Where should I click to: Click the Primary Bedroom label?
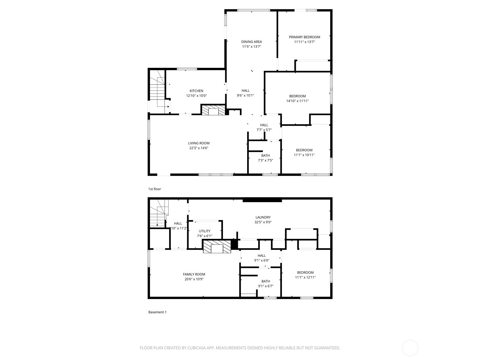[304, 37]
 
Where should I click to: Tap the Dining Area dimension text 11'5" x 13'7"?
[251, 46]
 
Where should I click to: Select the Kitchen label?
[196, 91]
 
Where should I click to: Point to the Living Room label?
[199, 143]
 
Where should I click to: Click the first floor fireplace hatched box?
[213, 110]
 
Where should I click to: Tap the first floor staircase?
[157, 92]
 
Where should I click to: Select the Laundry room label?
[263, 217]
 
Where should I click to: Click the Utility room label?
[205, 231]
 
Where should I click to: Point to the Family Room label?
[194, 274]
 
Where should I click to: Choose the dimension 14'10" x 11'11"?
[297, 101]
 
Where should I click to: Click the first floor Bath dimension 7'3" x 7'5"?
[265, 160]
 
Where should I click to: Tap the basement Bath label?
[266, 281]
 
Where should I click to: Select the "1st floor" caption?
[154, 189]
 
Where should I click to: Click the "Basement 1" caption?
[157, 312]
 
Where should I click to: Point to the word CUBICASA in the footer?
[197, 348]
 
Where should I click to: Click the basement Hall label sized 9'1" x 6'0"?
[262, 256]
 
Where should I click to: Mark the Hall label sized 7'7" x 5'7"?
[264, 125]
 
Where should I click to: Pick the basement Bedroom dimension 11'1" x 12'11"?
[305, 277]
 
